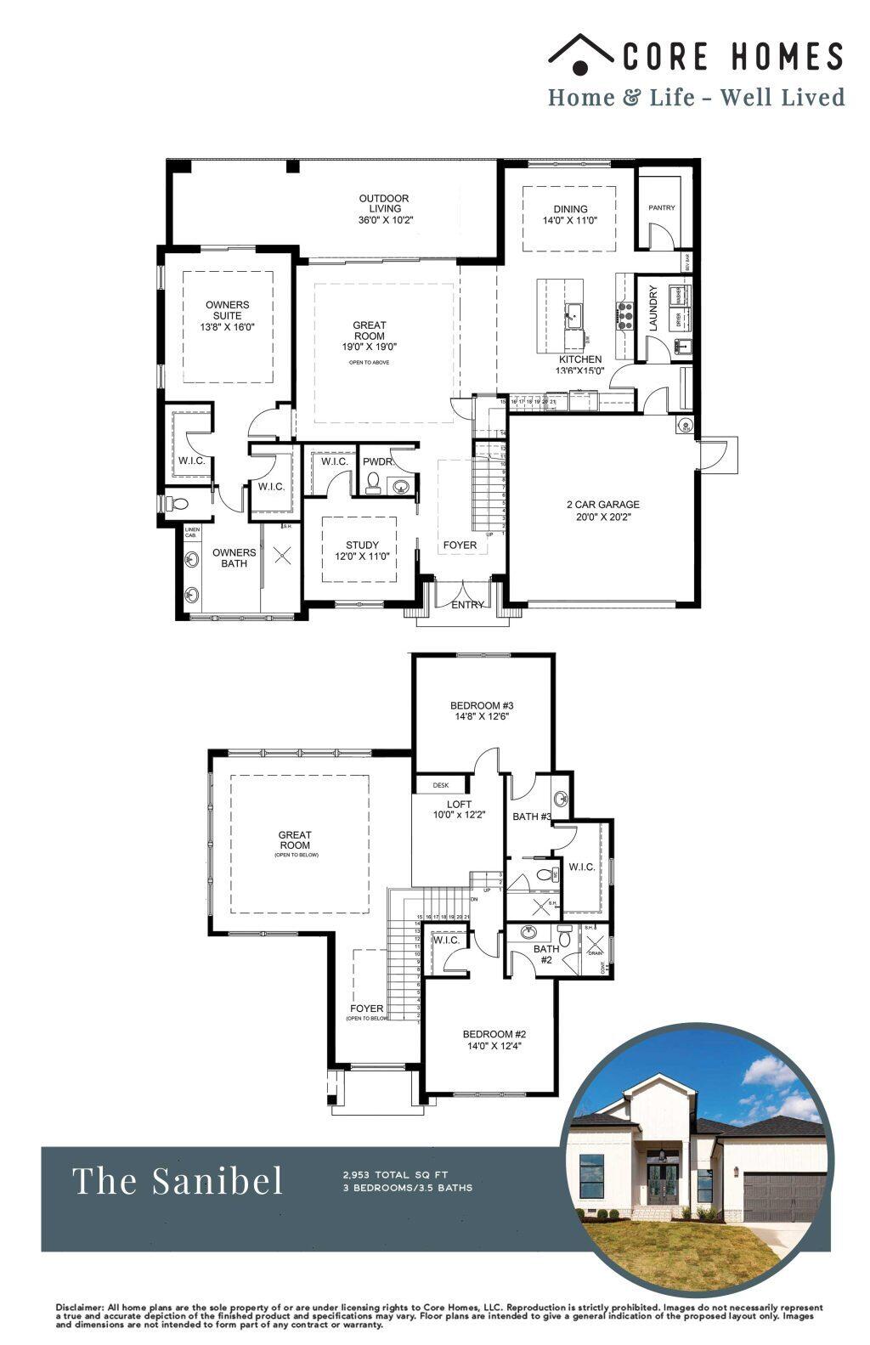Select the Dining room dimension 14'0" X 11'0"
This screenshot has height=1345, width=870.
click(570, 220)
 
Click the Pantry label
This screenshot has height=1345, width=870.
click(661, 207)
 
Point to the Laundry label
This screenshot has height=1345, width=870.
click(653, 308)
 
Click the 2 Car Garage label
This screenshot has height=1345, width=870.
click(602, 504)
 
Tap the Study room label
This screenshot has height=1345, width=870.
click(362, 545)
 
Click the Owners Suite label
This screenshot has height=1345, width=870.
click(227, 310)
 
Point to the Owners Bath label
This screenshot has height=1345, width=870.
click(234, 557)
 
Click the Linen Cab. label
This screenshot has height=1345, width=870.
click(191, 533)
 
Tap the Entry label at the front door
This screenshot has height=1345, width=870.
click(467, 605)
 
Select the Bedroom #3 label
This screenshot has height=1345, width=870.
click(482, 705)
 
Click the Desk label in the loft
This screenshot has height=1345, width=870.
click(441, 785)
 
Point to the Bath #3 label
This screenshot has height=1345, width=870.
click(532, 817)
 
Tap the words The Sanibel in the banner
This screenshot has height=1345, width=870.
click(178, 1180)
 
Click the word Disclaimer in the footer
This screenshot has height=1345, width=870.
click(80, 1307)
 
